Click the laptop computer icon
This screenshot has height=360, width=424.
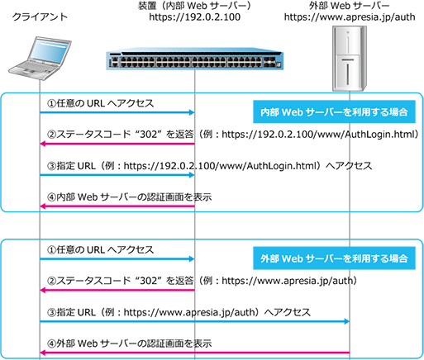tap(40, 58)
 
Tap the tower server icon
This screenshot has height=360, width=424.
tap(350, 59)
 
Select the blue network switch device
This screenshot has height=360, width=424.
tap(195, 60)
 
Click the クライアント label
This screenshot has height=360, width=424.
tap(40, 17)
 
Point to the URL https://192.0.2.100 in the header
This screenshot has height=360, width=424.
tap(195, 17)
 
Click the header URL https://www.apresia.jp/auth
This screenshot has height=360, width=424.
tap(350, 17)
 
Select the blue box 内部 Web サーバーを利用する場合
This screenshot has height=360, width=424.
tap(334, 111)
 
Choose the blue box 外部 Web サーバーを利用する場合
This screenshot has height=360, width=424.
tap(334, 258)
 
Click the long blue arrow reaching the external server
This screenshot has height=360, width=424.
tap(194, 321)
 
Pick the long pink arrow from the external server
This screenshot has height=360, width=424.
tap(194, 353)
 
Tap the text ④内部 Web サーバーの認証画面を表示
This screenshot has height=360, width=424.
tap(129, 197)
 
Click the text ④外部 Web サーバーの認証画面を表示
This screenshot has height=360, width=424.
tap(129, 343)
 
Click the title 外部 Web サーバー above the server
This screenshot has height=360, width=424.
tap(350, 6)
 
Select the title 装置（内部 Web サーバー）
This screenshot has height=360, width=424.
tap(195, 6)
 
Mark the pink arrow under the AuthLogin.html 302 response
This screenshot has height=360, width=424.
tap(117, 144)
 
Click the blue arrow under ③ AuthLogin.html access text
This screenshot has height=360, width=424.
tap(117, 175)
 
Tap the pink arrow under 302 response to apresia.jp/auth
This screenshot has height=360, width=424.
tap(117, 290)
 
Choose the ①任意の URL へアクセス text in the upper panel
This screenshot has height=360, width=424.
tap(100, 103)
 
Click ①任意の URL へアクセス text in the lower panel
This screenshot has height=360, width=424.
tap(100, 250)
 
